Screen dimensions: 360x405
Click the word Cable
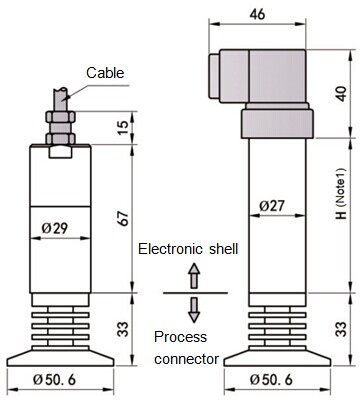tap(105, 73)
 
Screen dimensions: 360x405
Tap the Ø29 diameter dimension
tap(55, 228)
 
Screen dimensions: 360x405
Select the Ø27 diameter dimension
tap(272, 206)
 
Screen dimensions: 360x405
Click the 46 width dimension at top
tap(258, 14)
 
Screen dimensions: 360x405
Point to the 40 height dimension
tap(341, 94)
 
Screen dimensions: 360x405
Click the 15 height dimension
tap(123, 127)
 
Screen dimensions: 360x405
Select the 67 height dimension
tap(123, 219)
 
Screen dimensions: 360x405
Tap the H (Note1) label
tap(341, 194)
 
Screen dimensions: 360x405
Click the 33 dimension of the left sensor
tap(123, 329)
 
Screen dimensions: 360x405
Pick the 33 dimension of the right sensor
tap(341, 329)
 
